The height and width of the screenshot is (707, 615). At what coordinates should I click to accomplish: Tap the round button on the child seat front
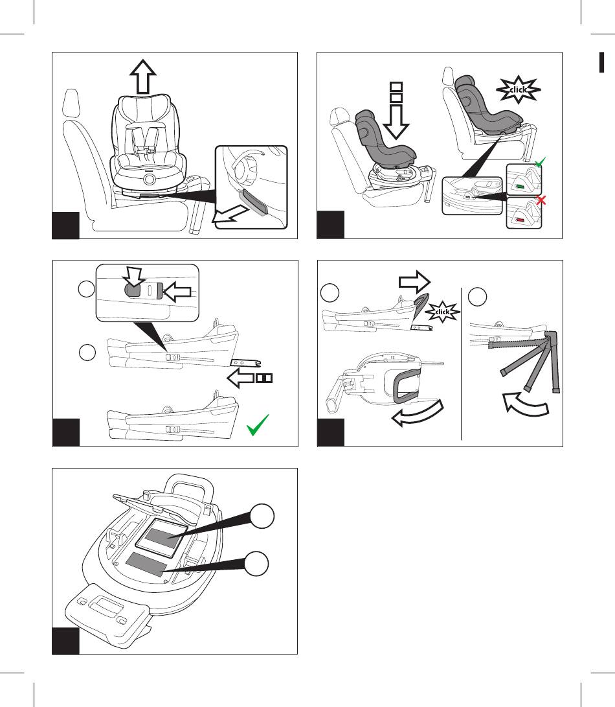(x=149, y=178)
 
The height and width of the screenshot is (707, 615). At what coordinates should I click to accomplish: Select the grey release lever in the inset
(x=252, y=202)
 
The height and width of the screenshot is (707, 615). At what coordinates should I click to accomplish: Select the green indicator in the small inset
(x=520, y=189)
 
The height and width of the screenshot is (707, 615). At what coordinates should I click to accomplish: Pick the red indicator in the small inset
(x=520, y=220)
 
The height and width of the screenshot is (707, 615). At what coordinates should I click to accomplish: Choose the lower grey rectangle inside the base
(x=148, y=564)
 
